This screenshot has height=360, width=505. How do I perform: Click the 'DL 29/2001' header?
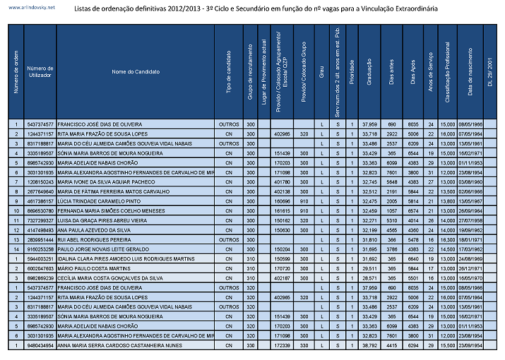click(490, 72)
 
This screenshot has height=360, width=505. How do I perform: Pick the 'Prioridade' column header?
click(352, 72)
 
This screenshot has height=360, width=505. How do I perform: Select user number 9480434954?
click(40, 346)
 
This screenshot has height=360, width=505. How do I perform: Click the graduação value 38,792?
click(369, 346)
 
